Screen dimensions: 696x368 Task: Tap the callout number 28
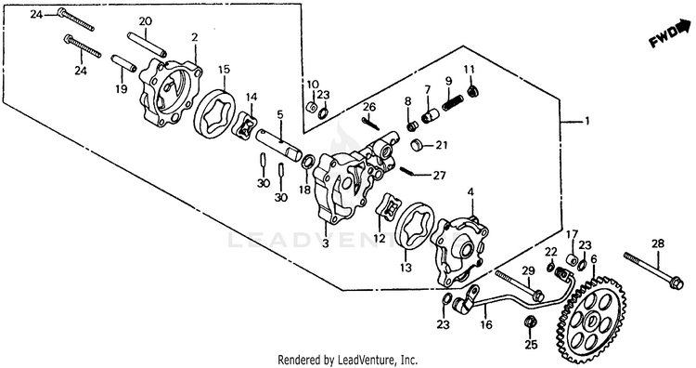(x=658, y=243)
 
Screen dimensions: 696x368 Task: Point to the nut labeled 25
(x=530, y=322)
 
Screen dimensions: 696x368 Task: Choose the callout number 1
(x=586, y=121)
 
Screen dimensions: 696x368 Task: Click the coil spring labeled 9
(x=452, y=102)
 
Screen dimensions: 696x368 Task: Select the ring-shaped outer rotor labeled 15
(x=215, y=115)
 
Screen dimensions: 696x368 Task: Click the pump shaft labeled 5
(x=279, y=143)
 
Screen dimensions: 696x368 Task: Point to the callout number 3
(x=326, y=243)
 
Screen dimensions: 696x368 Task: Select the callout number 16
(x=486, y=324)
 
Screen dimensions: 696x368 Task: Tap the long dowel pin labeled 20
(x=147, y=45)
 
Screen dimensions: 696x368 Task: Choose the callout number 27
(x=439, y=176)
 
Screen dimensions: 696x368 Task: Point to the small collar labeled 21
(x=417, y=145)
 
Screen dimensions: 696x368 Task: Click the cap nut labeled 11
(x=472, y=91)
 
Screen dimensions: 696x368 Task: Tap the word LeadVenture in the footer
(x=359, y=359)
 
